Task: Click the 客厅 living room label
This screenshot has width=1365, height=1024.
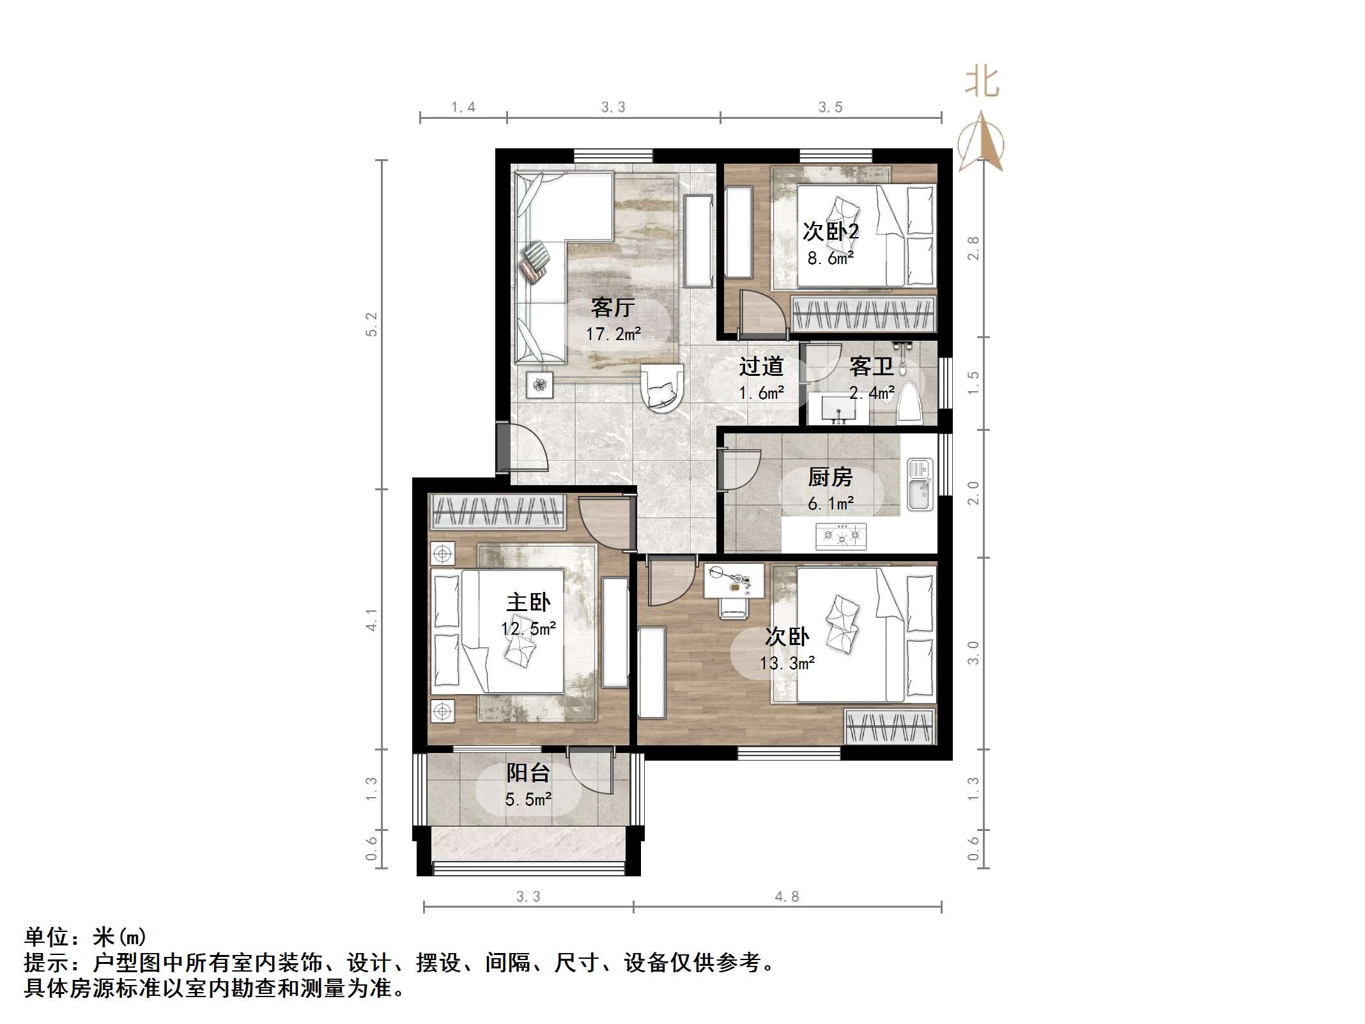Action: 612,308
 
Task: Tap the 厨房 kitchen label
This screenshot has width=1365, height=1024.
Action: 829,477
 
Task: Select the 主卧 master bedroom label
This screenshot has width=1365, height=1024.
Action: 528,603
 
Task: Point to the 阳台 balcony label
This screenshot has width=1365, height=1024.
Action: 528,773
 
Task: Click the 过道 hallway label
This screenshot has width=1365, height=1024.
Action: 761,367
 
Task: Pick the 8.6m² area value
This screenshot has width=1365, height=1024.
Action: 830,259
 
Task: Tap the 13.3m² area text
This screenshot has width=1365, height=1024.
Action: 787,663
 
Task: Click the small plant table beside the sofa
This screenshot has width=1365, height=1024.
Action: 540,385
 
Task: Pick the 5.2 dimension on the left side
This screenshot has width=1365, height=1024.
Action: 371,325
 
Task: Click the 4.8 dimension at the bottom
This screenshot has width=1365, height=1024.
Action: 787,897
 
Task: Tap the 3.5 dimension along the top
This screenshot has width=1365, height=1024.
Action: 830,107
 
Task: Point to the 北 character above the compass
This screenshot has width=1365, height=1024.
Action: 982,83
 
